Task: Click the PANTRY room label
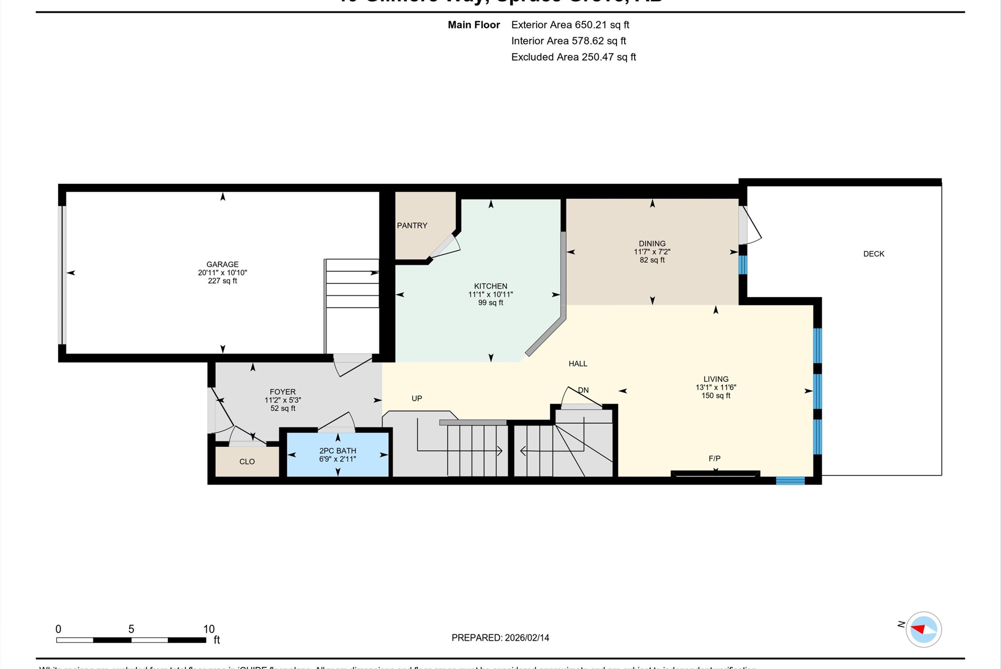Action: click(412, 225)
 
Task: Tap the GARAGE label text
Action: click(222, 264)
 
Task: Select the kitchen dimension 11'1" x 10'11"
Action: click(490, 294)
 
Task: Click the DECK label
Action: click(874, 254)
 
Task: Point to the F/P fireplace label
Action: click(715, 458)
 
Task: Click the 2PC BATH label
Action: click(337, 451)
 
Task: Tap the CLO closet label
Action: click(247, 462)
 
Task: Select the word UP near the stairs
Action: click(416, 398)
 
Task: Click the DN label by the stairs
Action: click(583, 390)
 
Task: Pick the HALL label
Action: click(578, 364)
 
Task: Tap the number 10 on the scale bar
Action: click(209, 629)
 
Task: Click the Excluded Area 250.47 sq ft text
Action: click(573, 57)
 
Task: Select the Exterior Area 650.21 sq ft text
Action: click(570, 25)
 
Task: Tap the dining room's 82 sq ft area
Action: click(652, 260)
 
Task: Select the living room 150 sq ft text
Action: click(716, 395)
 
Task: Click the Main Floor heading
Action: click(474, 25)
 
